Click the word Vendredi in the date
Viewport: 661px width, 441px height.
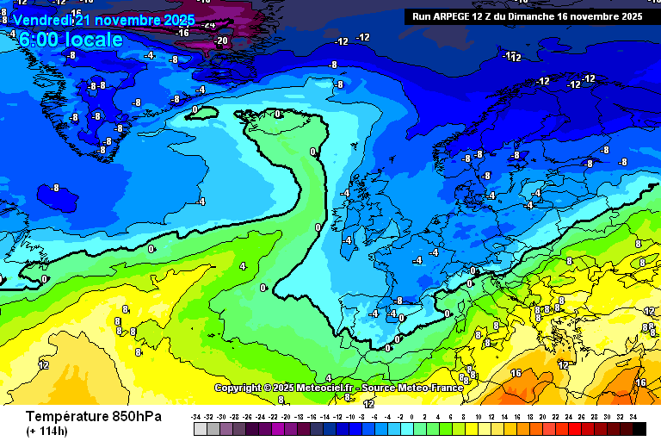click(43, 19)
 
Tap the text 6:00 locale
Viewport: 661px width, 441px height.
click(65, 40)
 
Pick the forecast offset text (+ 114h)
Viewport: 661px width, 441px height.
click(48, 431)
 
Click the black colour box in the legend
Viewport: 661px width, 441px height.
click(638, 428)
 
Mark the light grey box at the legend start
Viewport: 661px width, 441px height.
click(199, 428)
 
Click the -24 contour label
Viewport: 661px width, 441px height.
click(207, 24)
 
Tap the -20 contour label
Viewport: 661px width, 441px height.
click(221, 40)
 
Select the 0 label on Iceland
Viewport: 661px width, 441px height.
click(195, 109)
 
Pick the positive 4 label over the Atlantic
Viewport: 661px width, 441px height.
click(243, 266)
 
